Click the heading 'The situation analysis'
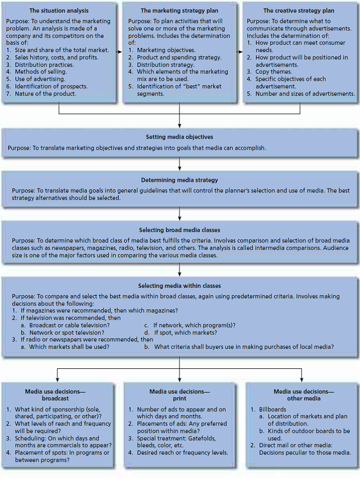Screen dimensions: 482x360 click(59, 11)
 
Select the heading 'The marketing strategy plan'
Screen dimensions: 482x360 click(179, 11)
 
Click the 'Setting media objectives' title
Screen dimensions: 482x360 click(179, 137)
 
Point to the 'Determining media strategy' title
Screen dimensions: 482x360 click(179, 179)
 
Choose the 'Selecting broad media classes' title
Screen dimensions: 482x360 click(179, 230)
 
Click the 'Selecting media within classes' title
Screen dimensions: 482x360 click(179, 286)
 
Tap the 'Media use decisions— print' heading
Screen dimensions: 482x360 click(179, 395)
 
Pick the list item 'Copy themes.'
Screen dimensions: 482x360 click(273, 72)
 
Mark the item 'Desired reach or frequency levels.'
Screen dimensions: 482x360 click(182, 453)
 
